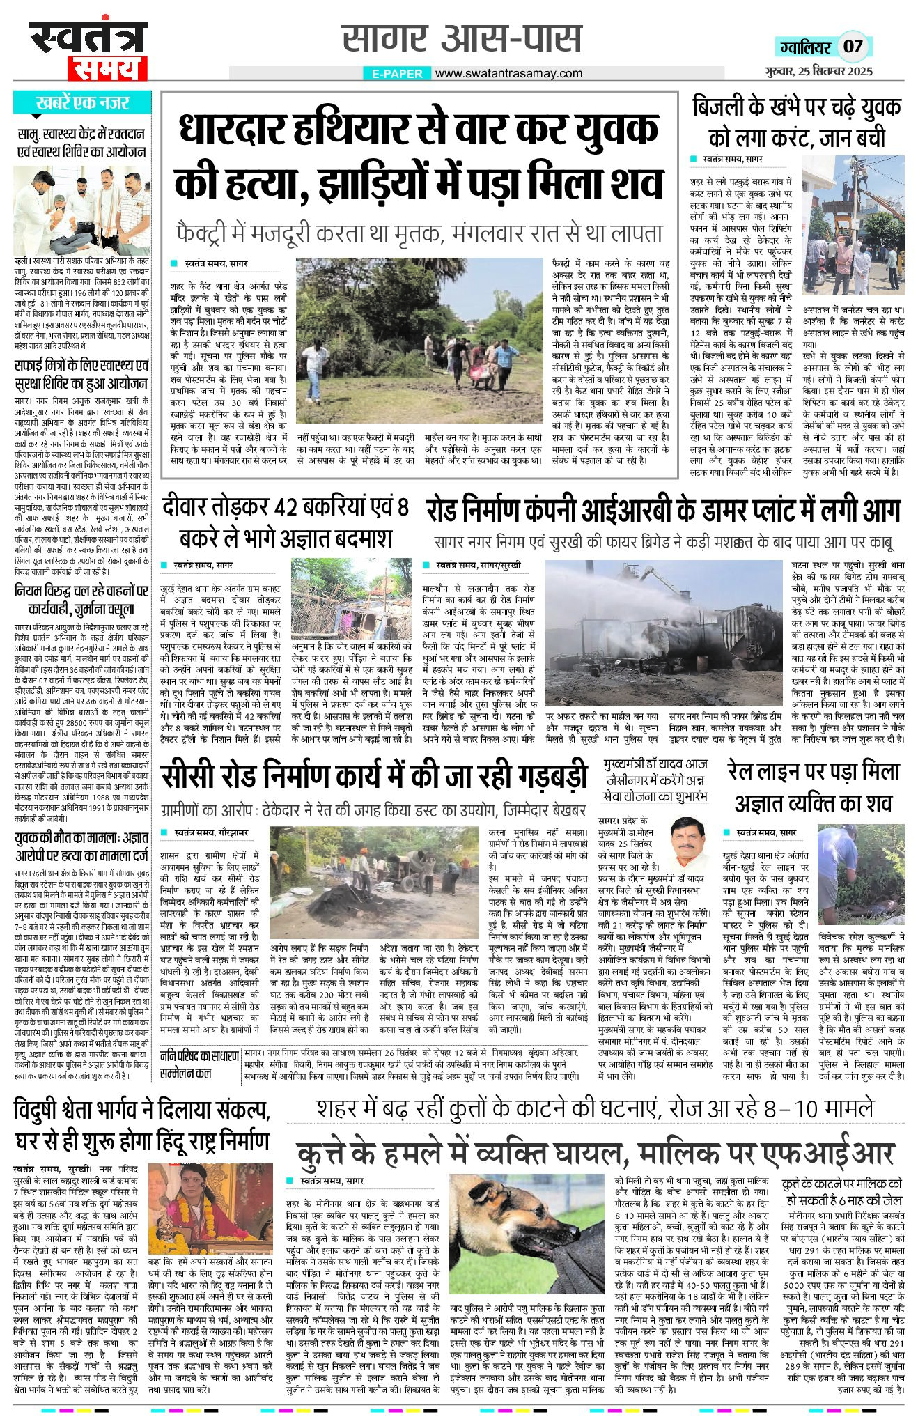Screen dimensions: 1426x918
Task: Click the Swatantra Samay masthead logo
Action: click(x=88, y=50)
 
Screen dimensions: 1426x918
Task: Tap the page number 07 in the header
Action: click(x=853, y=47)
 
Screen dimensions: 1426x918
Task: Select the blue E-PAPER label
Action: click(x=397, y=74)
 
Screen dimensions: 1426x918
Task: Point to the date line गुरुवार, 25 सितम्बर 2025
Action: click(x=816, y=71)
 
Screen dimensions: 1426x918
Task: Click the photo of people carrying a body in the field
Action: click(x=419, y=344)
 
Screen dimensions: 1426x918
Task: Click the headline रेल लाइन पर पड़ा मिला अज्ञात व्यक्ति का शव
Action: click(x=814, y=788)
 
